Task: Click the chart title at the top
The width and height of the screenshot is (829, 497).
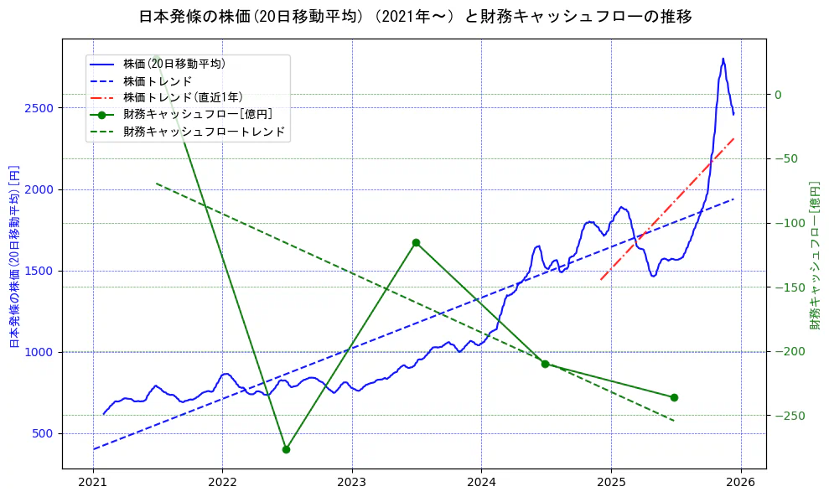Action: click(415, 17)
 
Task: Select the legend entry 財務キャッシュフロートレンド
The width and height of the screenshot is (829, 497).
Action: click(204, 132)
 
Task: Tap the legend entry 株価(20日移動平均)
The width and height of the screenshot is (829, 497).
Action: click(174, 63)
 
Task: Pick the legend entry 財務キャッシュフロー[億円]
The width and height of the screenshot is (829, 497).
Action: click(197, 114)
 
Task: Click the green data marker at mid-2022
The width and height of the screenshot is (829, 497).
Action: click(286, 449)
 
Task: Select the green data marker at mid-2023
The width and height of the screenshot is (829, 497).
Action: click(416, 242)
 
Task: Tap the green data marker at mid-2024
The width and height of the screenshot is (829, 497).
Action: click(545, 364)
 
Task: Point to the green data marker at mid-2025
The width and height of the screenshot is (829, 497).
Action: click(674, 397)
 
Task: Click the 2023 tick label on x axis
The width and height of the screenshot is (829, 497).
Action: click(351, 484)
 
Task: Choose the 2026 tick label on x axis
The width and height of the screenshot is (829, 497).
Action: click(740, 484)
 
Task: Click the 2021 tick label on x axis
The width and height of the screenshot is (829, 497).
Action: click(92, 484)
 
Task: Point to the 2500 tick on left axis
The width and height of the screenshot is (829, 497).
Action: click(42, 108)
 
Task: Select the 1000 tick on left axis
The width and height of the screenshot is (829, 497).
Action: click(42, 352)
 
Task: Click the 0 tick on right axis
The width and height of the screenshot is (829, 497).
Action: click(778, 95)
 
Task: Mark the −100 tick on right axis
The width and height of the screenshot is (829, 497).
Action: click(788, 223)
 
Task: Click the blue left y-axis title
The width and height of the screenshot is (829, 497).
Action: click(14, 256)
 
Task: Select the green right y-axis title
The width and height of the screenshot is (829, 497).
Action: click(814, 256)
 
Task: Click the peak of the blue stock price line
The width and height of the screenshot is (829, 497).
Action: click(723, 59)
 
